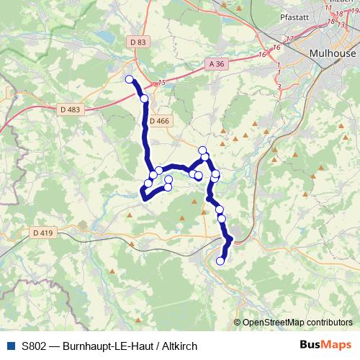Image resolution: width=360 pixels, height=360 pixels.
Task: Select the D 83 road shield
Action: [140, 42]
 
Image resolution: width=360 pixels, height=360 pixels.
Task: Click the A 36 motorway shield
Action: [217, 64]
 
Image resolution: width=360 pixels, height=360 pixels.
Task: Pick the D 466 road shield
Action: [161, 121]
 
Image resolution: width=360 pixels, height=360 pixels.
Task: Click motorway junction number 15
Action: [162, 84]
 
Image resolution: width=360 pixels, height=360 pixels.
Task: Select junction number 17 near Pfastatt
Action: [290, 37]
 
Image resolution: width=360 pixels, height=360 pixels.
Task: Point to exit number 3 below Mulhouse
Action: [278, 86]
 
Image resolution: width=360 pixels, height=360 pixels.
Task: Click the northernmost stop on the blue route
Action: [130, 79]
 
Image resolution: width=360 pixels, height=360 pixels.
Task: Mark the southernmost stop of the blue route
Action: [220, 261]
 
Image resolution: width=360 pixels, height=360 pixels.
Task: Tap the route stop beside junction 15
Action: [144, 98]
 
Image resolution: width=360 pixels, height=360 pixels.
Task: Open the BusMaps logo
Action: [325, 346]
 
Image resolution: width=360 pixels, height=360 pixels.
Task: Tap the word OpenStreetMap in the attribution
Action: [274, 322]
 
